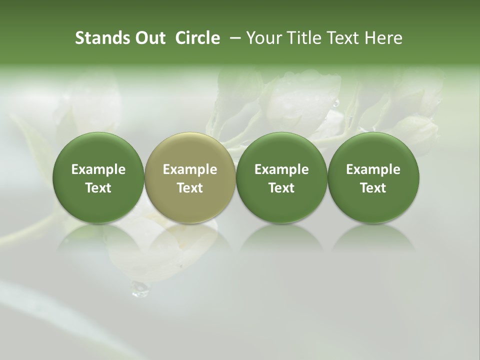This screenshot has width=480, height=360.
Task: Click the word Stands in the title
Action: point(102,38)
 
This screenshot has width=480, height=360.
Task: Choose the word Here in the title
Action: point(383,38)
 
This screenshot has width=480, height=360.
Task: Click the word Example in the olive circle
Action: point(190,169)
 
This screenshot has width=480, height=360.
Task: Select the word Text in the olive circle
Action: point(190,188)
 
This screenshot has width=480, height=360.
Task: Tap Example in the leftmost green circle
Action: point(98,169)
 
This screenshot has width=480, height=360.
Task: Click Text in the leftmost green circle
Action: point(98,188)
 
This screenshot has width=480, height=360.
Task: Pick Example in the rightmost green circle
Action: point(373,169)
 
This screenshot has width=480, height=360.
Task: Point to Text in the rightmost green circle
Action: point(373,188)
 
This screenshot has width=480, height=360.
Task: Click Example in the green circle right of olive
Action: point(281,169)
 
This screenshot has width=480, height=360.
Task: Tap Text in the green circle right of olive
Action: point(281,188)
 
